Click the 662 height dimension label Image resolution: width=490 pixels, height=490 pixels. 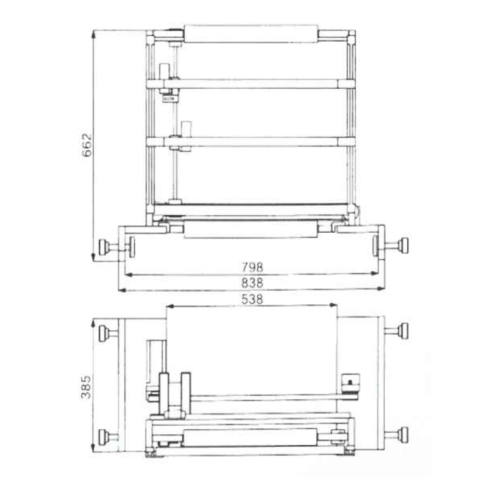tap(86, 145)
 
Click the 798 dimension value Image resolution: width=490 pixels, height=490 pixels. tap(252, 268)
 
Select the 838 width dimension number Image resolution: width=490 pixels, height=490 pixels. tap(252, 283)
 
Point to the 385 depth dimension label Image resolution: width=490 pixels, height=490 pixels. tap(86, 387)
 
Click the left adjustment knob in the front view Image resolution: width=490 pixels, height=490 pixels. tap(105, 246)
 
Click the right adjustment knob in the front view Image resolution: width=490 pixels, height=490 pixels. tap(403, 246)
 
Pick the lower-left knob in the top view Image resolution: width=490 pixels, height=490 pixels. tap(105, 435)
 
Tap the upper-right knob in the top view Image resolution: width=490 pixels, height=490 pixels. tap(403, 331)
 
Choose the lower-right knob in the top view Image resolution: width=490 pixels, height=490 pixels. tap(403, 434)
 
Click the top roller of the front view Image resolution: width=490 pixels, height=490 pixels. tap(250, 33)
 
